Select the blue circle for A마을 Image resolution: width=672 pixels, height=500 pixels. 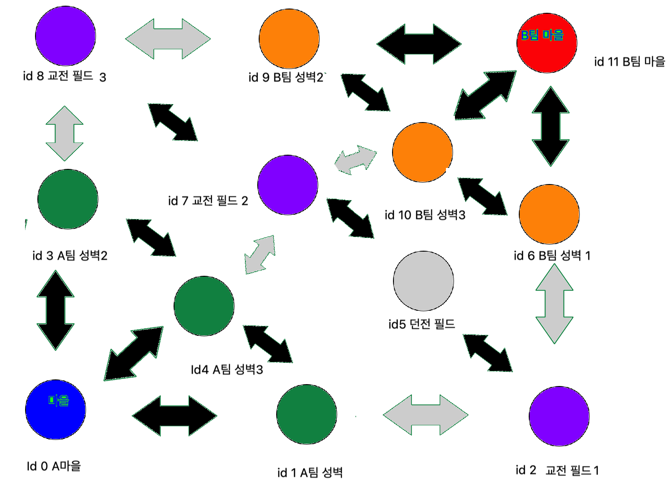point(55,410)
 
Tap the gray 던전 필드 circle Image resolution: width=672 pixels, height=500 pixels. point(423,281)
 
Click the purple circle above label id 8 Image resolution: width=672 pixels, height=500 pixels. point(65,35)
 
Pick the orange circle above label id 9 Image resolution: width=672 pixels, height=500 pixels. point(289,38)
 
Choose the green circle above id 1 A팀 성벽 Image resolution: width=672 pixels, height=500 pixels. point(306,414)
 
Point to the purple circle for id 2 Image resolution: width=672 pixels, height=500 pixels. point(559,416)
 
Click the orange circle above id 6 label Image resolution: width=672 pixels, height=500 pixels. point(549,214)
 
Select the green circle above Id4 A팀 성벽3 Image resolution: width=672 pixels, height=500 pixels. point(204,306)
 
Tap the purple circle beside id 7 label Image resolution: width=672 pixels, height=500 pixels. point(288,185)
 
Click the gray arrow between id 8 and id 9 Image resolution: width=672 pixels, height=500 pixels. point(168,39)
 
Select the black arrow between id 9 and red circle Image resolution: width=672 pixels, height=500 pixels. point(419,44)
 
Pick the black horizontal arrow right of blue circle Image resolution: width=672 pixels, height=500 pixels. point(175,416)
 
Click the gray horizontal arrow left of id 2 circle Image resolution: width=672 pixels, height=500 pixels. point(425,415)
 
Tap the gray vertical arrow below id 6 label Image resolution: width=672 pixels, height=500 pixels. point(554,304)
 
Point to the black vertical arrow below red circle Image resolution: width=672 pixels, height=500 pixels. point(550,126)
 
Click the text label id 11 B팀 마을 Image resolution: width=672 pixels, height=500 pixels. point(629,61)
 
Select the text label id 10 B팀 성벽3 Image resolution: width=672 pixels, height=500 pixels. point(425,215)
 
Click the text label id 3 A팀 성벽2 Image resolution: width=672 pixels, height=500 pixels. point(70,256)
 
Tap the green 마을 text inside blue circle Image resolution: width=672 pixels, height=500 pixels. point(59,401)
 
